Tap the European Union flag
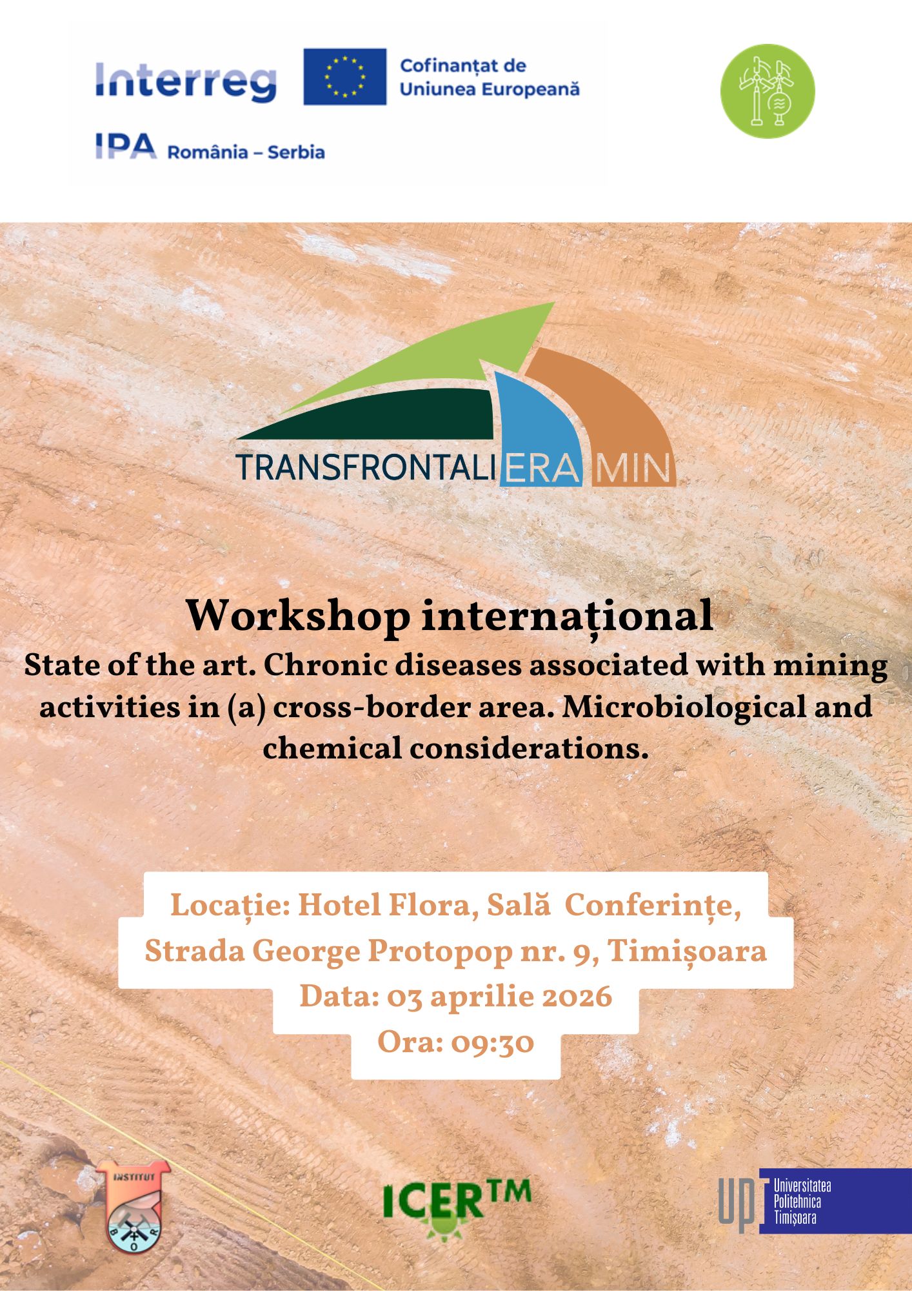[x=345, y=76]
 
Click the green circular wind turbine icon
[x=767, y=91]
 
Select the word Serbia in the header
[x=296, y=152]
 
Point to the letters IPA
[x=126, y=146]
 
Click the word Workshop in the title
[x=298, y=616]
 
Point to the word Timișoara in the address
[x=687, y=951]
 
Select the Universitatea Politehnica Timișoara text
[x=802, y=1202]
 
